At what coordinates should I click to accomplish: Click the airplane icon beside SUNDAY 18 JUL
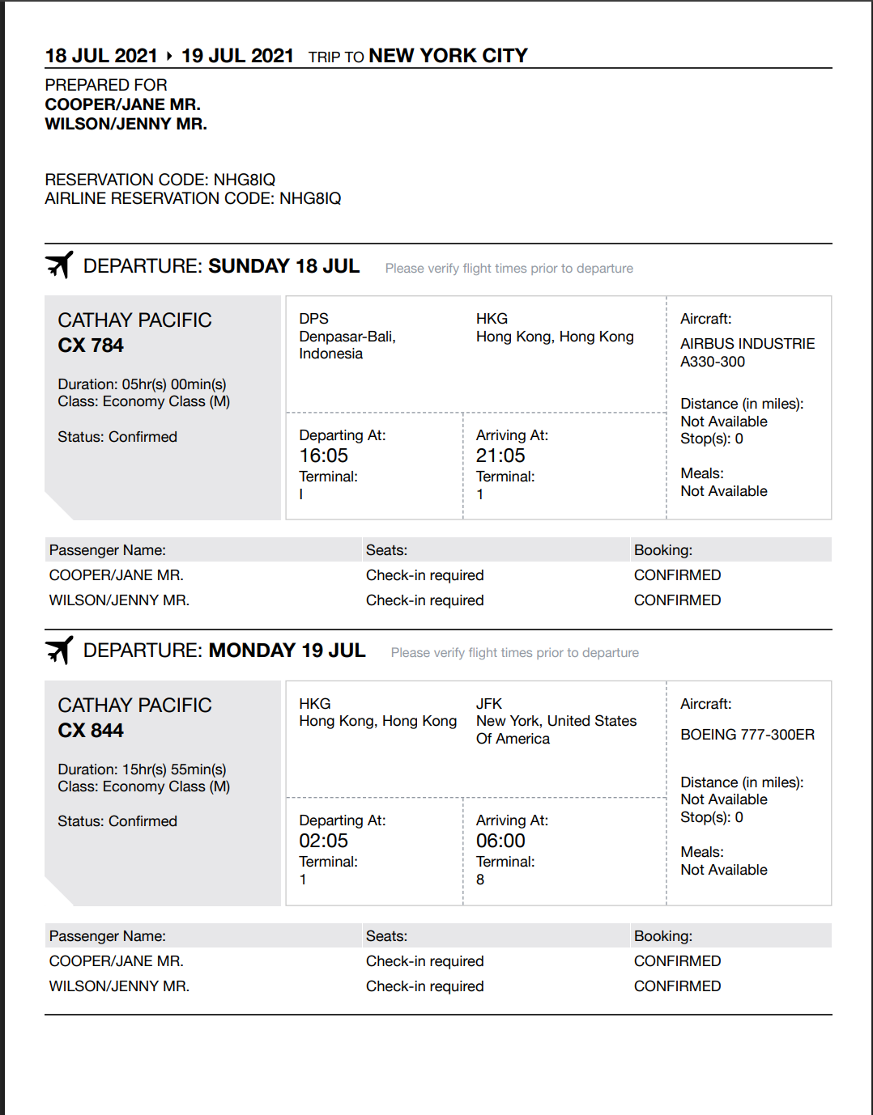click(59, 265)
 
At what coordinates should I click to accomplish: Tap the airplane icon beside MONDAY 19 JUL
click(59, 650)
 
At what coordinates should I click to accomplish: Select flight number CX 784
click(91, 346)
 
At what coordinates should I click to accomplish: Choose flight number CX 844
click(91, 731)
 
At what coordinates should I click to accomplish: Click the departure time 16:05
click(323, 456)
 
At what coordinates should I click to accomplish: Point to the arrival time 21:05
click(500, 456)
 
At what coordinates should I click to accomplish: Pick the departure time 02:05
click(323, 841)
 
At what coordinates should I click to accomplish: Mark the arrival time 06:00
click(500, 841)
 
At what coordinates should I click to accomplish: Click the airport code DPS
click(313, 319)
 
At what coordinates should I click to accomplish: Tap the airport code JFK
click(489, 704)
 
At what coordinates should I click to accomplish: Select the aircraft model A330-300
click(713, 362)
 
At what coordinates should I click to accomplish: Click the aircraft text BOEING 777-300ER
click(747, 735)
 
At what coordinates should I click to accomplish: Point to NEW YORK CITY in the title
click(448, 56)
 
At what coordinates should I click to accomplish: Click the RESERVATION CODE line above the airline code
click(160, 180)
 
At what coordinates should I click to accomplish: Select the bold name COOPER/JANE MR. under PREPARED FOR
click(122, 104)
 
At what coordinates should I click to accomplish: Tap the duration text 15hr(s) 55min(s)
click(174, 769)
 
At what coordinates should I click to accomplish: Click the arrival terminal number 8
click(480, 880)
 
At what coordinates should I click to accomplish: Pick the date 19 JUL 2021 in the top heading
click(237, 56)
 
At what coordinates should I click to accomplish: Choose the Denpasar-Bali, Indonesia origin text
click(347, 345)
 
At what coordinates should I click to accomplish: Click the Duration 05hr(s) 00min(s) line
click(142, 384)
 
